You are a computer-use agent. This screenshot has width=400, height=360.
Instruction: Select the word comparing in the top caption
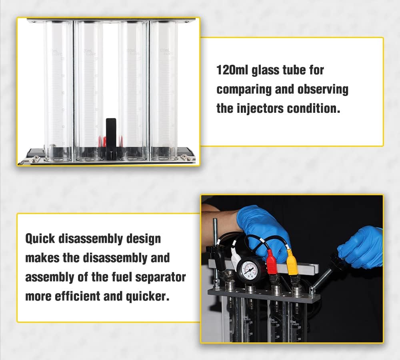244,89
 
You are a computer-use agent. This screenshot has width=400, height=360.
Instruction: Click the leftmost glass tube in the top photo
58,90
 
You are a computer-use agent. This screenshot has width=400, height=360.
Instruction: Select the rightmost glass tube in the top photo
164,90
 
